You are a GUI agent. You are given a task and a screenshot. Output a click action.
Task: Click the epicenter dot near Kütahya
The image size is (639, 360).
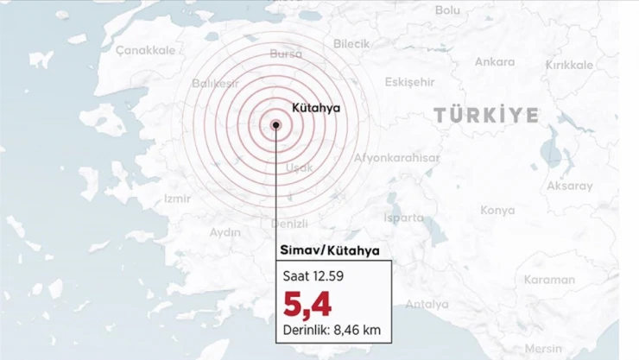(276, 125)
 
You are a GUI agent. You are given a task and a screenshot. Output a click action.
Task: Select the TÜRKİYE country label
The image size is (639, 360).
(486, 115)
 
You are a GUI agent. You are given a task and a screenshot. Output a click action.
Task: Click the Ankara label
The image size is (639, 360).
(494, 62)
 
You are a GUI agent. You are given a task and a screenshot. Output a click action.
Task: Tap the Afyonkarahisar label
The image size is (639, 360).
(397, 158)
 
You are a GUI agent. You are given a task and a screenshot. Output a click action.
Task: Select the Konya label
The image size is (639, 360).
(497, 210)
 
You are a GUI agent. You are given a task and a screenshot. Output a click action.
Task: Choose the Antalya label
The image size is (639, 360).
(427, 304)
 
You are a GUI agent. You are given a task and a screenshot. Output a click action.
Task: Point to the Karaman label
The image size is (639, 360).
(549, 280)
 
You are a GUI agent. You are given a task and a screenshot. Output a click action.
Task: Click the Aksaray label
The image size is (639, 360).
(570, 186)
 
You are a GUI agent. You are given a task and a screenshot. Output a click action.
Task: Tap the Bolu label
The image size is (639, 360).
(447, 9)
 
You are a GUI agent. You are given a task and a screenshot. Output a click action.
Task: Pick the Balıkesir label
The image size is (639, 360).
(215, 84)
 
